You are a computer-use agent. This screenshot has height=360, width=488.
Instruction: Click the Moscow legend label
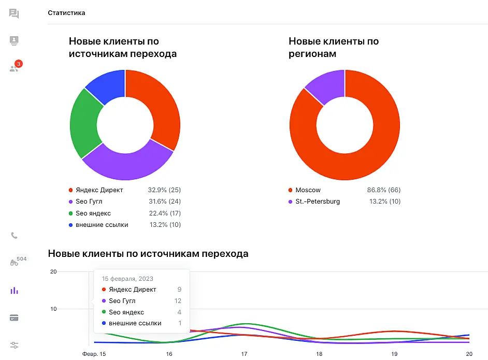click(308, 190)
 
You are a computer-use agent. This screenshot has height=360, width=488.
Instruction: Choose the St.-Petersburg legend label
click(318, 201)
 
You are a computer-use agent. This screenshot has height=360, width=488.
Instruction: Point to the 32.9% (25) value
click(164, 190)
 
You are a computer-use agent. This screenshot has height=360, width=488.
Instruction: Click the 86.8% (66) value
click(384, 190)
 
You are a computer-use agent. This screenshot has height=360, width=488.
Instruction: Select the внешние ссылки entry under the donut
click(102, 225)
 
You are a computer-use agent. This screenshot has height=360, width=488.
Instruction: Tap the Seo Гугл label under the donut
click(89, 201)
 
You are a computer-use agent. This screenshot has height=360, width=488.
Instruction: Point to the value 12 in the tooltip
click(178, 301)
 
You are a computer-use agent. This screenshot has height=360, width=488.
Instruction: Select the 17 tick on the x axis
click(243, 354)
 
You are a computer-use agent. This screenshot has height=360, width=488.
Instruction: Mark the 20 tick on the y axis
click(52, 271)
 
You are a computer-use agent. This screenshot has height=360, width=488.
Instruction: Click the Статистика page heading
click(66, 13)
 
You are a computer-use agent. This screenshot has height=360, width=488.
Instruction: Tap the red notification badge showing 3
click(19, 64)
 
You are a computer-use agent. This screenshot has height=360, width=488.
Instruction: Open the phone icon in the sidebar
click(14, 236)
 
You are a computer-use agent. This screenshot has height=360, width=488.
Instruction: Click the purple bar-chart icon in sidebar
click(14, 291)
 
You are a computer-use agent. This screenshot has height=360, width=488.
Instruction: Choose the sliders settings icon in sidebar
click(14, 345)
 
